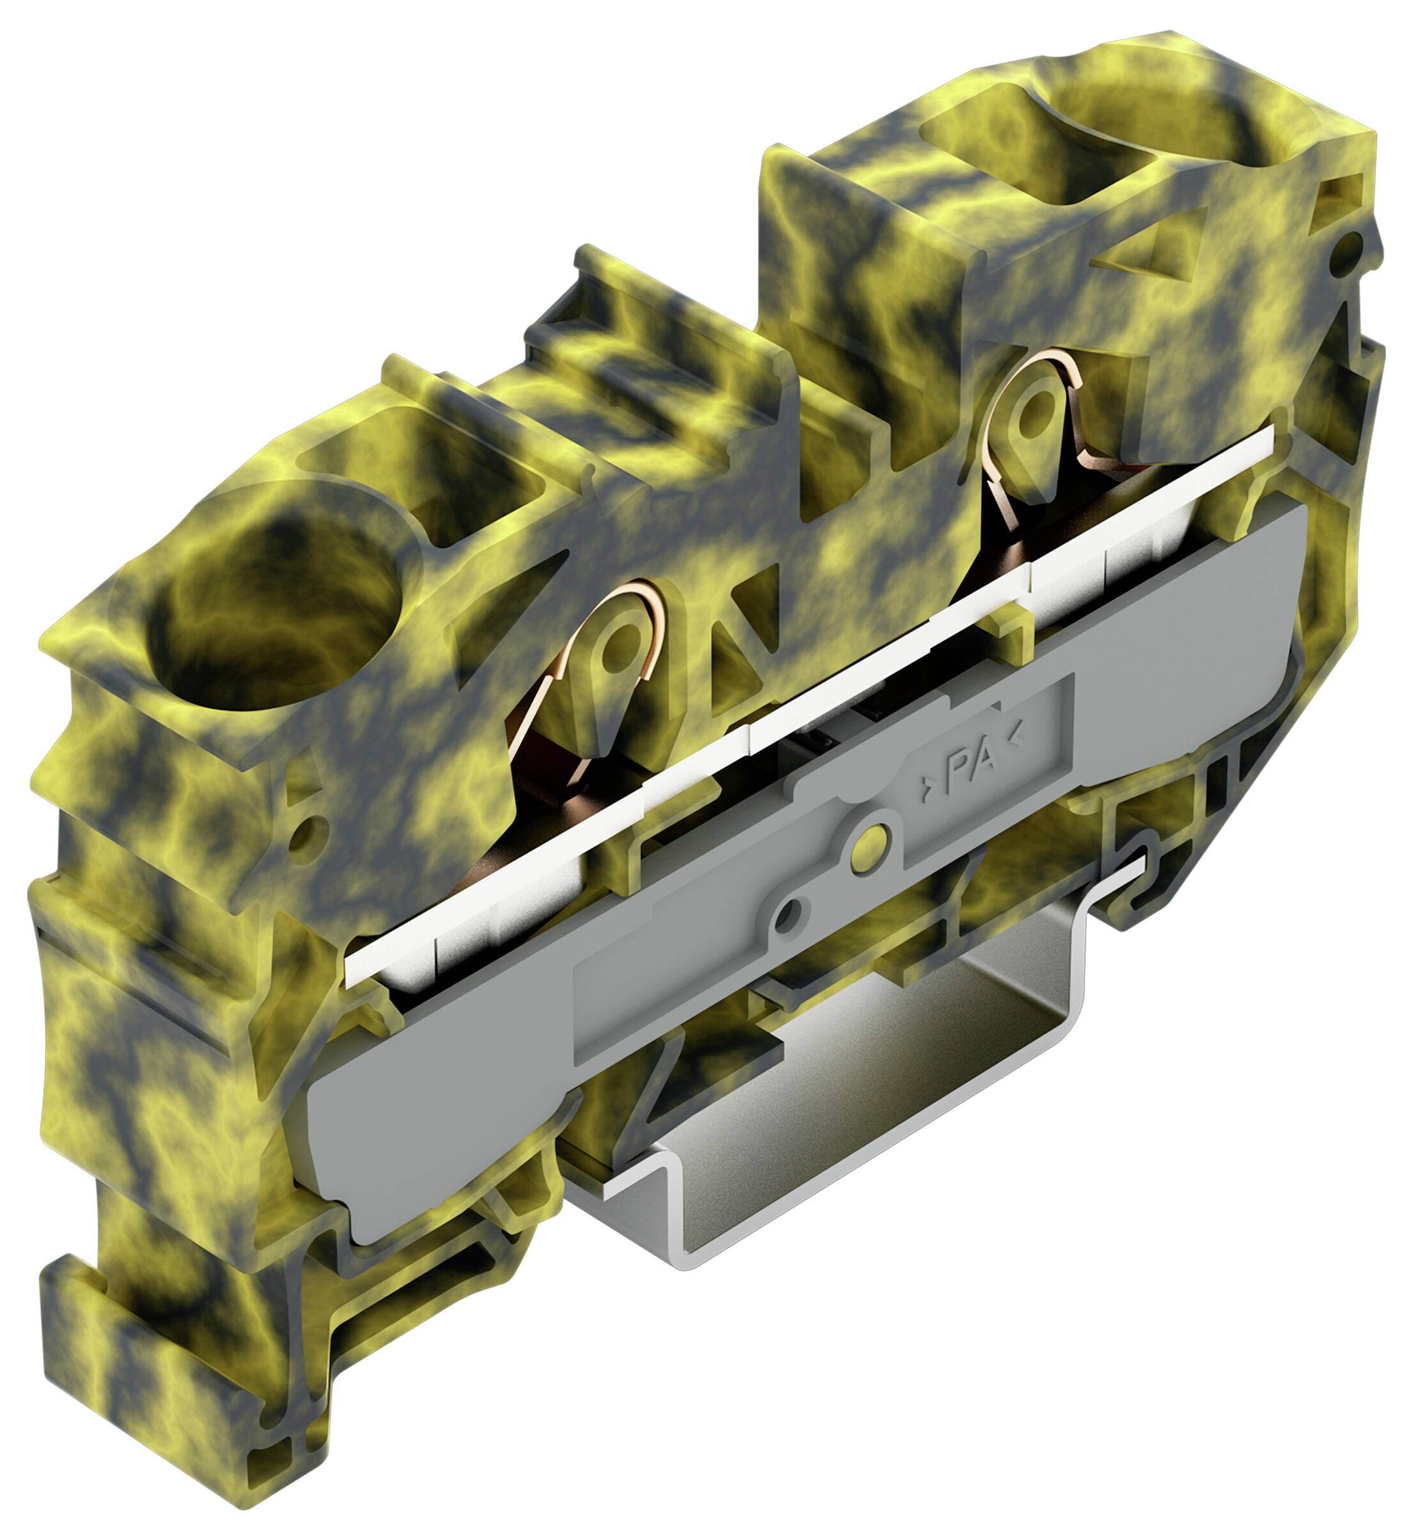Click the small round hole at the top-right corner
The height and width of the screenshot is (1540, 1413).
tap(1348, 250)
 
